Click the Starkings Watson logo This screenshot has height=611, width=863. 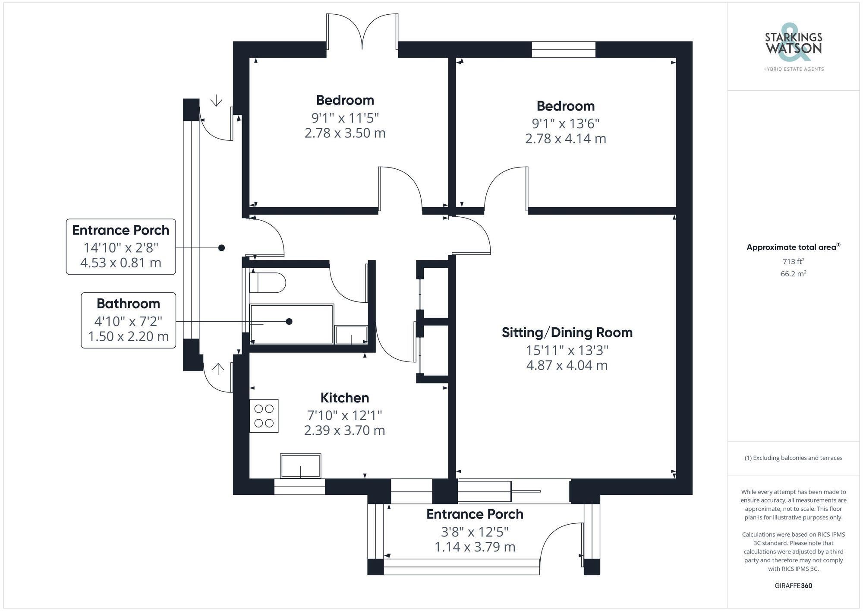(x=794, y=47)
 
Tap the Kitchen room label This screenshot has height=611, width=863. (x=344, y=398)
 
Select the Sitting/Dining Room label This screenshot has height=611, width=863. (x=567, y=332)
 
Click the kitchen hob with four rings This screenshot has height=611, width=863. (x=264, y=416)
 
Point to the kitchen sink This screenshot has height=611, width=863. (x=300, y=466)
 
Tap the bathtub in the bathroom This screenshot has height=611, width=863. (x=292, y=324)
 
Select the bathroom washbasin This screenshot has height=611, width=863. (x=351, y=335)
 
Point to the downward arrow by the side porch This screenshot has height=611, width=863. (x=216, y=101)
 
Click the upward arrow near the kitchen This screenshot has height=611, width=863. (x=218, y=369)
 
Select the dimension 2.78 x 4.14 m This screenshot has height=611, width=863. (x=565, y=139)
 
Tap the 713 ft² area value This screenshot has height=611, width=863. (x=793, y=261)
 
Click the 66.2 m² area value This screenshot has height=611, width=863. (x=793, y=274)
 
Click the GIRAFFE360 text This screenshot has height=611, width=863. (x=793, y=586)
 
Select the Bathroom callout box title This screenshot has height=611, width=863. (x=128, y=304)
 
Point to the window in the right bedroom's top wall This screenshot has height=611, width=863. (x=563, y=50)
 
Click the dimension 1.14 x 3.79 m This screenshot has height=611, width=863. (x=475, y=547)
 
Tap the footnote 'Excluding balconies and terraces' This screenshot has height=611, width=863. (x=793, y=458)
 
